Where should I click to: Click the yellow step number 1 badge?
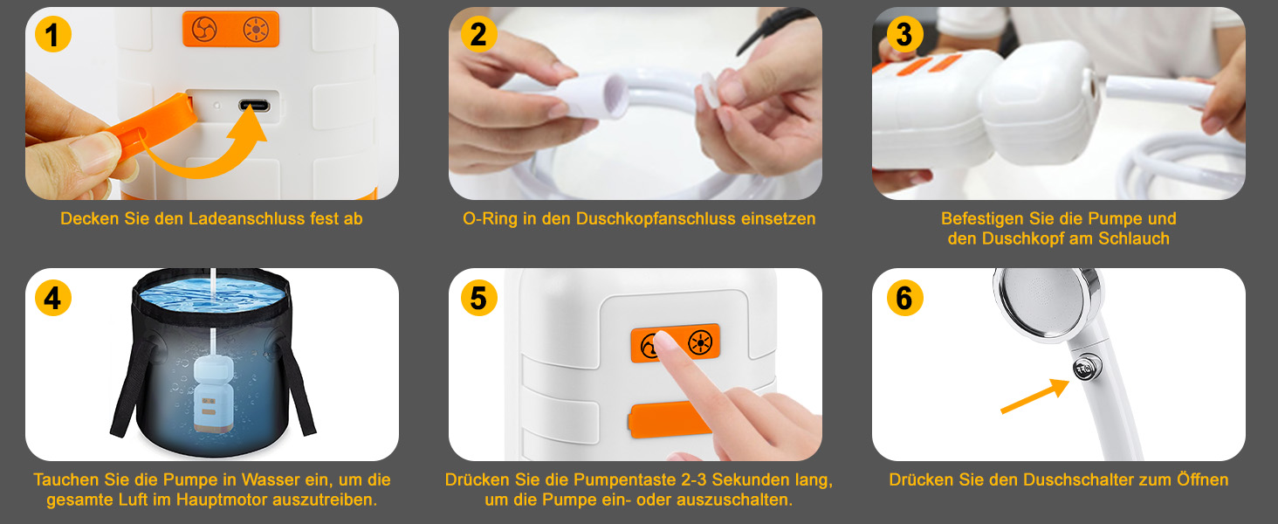pyautogui.click(x=53, y=34)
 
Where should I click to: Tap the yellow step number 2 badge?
pyautogui.click(x=478, y=34)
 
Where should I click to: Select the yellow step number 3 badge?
pyautogui.click(x=905, y=34)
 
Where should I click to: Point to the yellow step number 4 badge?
pyautogui.click(x=53, y=298)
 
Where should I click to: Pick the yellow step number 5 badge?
pyautogui.click(x=478, y=298)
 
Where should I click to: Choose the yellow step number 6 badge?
pyautogui.click(x=905, y=298)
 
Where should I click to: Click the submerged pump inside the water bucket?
pyautogui.click(x=213, y=394)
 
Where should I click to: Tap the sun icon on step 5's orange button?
pyautogui.click(x=700, y=343)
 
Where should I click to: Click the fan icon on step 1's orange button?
pyautogui.click(x=204, y=29)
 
